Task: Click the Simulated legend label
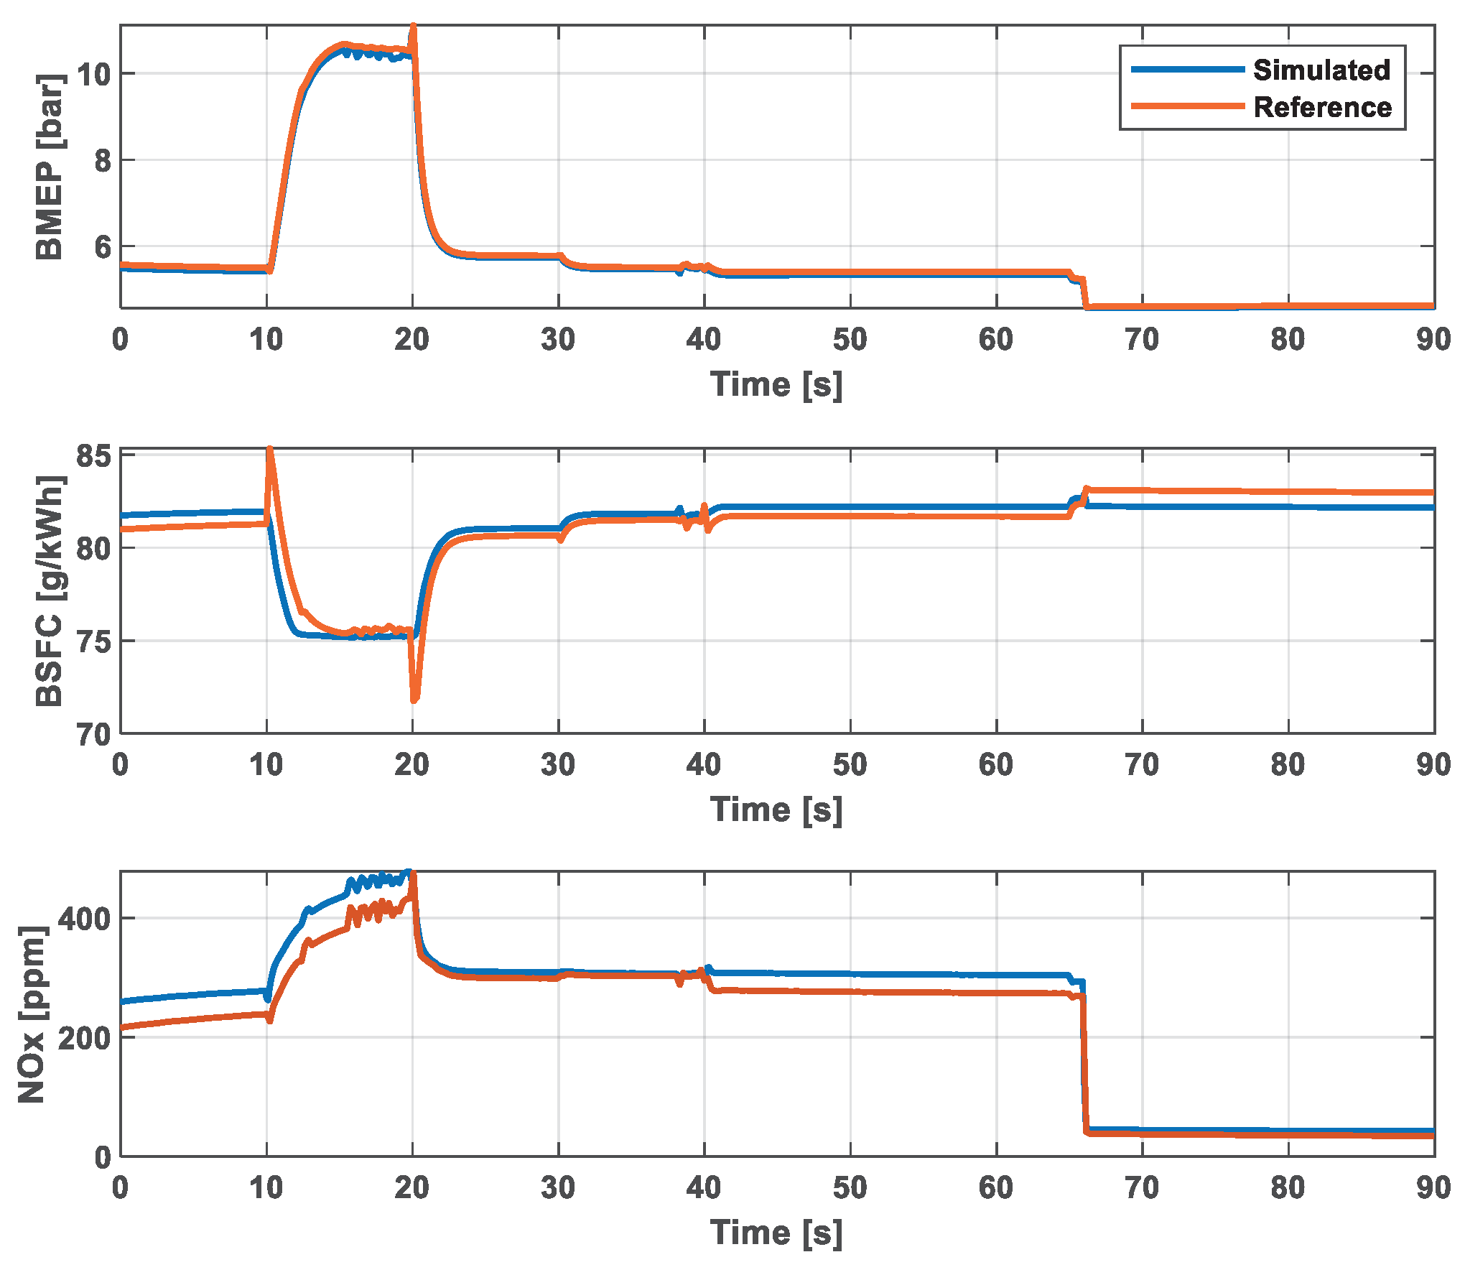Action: (1321, 70)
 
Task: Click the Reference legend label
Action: (1322, 108)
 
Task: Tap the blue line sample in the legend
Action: (1187, 70)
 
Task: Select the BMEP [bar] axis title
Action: (49, 167)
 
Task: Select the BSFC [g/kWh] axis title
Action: (49, 590)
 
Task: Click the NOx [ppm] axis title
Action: (32, 1014)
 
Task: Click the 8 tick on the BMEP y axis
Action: (103, 160)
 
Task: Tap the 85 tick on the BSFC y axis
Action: (93, 456)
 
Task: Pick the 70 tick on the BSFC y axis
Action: (93, 734)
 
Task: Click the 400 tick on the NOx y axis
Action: (84, 919)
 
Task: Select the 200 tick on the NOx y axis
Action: (84, 1038)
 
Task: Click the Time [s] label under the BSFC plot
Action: (776, 810)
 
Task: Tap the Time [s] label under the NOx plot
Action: (776, 1233)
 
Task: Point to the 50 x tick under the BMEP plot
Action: (850, 339)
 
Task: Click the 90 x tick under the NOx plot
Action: (1433, 1187)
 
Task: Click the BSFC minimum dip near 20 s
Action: (414, 698)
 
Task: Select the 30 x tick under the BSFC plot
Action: (558, 764)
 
